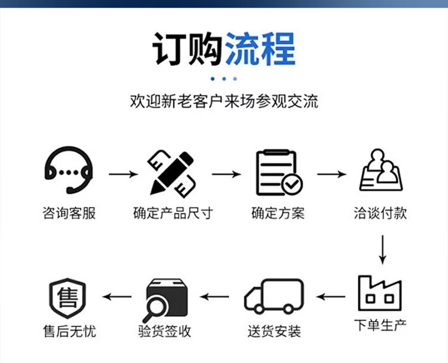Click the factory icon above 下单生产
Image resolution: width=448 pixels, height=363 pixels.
tap(380, 293)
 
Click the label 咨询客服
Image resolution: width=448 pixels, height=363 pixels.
tap(69, 213)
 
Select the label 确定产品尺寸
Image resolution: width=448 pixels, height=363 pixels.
tap(173, 213)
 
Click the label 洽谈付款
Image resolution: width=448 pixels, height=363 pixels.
tap(381, 213)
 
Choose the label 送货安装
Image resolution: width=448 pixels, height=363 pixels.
tap(274, 331)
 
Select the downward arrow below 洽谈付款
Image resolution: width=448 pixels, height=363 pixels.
tap(383, 249)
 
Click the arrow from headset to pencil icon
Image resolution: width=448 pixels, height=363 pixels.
tap(122, 174)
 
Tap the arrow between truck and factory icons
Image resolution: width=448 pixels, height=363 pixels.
tap(330, 296)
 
